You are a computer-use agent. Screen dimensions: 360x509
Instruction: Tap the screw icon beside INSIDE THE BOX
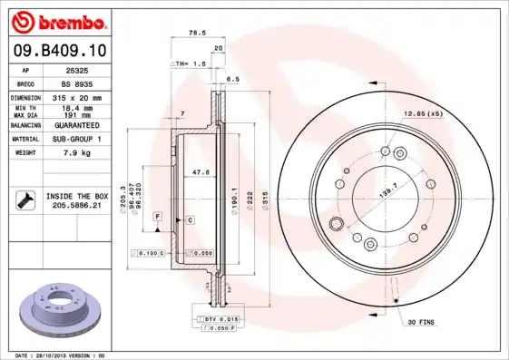point(27,200)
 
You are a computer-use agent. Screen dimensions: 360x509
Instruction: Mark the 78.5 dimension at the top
point(194,32)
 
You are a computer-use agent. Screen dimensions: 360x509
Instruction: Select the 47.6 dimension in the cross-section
point(201,171)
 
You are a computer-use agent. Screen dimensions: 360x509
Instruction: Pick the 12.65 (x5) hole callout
point(423,115)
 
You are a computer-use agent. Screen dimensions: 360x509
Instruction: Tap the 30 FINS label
point(421,322)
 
